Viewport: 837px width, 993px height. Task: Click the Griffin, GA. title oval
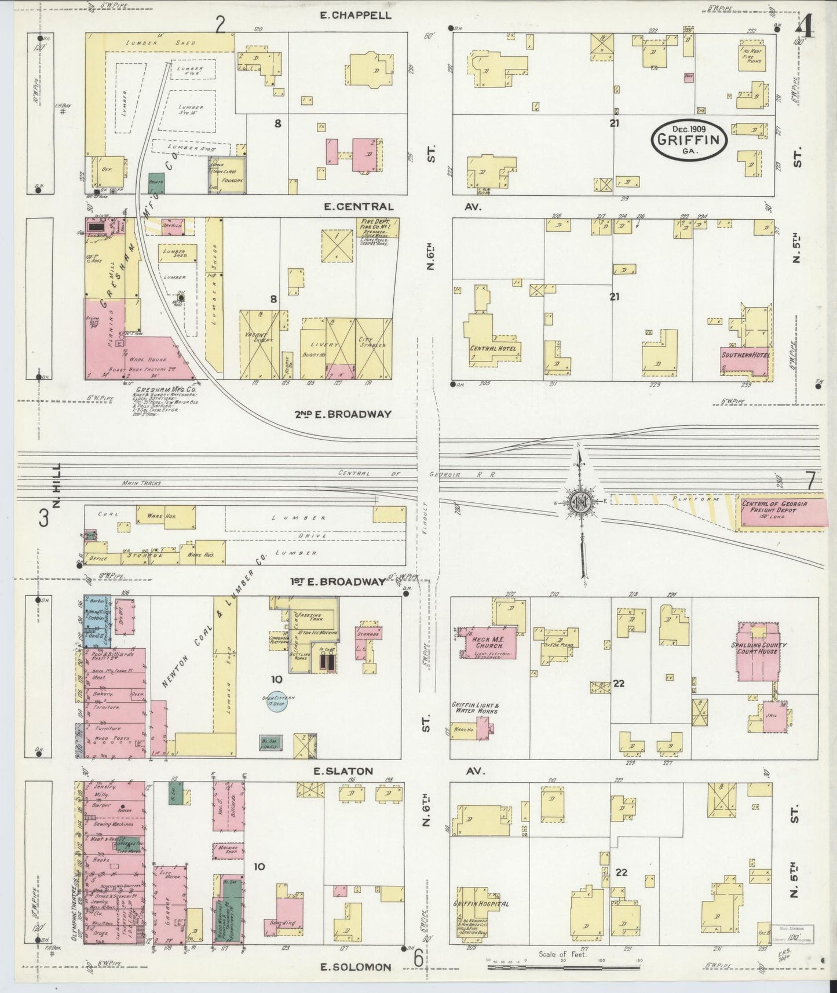pos(689,139)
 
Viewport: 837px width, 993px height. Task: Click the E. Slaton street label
pos(342,771)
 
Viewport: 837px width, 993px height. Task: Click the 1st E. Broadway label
pos(338,582)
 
